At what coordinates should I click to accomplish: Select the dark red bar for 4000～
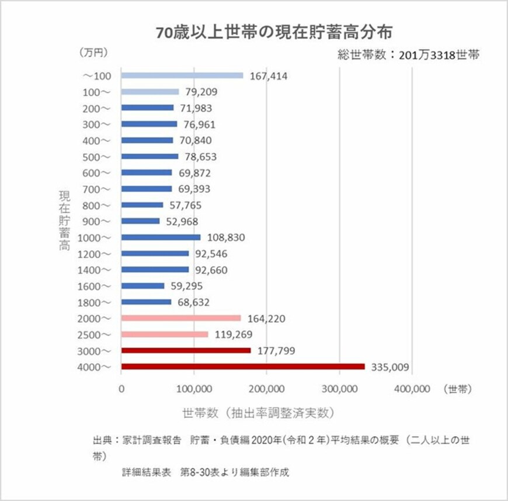tap(242, 367)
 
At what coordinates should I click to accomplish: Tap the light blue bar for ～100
tap(182, 75)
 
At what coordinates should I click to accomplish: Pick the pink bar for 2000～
tap(180, 318)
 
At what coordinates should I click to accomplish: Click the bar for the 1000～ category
tap(161, 237)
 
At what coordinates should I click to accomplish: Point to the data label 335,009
tap(390, 367)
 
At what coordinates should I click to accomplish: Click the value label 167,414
tap(269, 76)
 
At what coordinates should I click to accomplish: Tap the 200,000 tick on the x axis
tap(266, 388)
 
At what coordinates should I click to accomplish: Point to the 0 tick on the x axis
tap(121, 388)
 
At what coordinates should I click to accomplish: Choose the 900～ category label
tap(96, 221)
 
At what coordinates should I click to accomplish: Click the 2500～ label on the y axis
tap(93, 334)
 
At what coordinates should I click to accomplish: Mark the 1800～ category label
tap(93, 302)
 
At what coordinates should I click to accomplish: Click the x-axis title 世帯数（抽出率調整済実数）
tap(258, 413)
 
